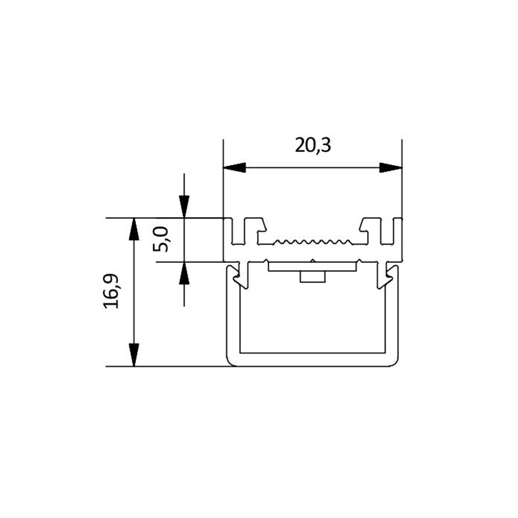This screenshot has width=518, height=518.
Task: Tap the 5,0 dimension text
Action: [x=161, y=239]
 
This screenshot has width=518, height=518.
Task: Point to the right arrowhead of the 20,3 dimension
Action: [x=391, y=168]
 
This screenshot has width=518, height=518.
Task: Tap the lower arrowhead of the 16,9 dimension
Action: [x=134, y=355]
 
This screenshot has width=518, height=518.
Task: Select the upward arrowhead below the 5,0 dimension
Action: [x=184, y=273]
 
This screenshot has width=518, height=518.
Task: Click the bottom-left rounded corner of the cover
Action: [x=231, y=362]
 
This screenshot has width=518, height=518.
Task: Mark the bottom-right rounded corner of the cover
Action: [x=394, y=362]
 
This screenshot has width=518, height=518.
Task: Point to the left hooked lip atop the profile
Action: [x=261, y=225]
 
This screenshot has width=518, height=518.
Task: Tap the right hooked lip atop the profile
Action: [x=363, y=225]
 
